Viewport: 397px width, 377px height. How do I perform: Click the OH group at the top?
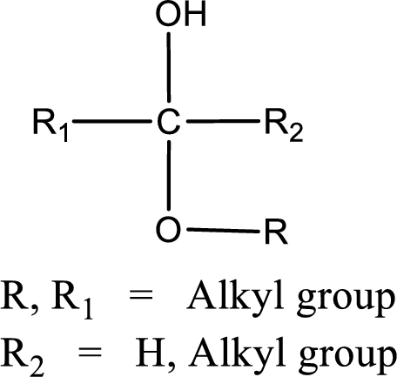click(x=180, y=14)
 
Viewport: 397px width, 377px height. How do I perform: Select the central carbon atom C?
click(x=169, y=122)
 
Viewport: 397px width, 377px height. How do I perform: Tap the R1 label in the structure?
click(x=50, y=125)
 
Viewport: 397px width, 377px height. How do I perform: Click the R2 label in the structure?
click(x=284, y=125)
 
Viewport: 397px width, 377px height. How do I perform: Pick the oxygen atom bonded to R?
click(x=168, y=229)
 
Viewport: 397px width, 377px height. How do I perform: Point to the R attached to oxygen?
click(x=276, y=232)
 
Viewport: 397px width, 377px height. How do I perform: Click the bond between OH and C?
click(x=169, y=67)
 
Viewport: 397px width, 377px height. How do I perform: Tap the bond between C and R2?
click(x=223, y=121)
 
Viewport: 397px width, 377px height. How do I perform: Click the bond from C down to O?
click(x=169, y=175)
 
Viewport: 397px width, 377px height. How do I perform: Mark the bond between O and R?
click(x=223, y=231)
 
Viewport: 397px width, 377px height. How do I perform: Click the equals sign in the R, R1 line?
click(x=141, y=297)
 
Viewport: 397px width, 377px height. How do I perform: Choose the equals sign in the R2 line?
click(x=90, y=353)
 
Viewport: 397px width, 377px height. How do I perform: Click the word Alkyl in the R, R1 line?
click(x=235, y=297)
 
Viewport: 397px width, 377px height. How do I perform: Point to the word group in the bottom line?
click(x=347, y=359)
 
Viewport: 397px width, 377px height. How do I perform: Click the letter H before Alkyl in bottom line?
click(x=151, y=353)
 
